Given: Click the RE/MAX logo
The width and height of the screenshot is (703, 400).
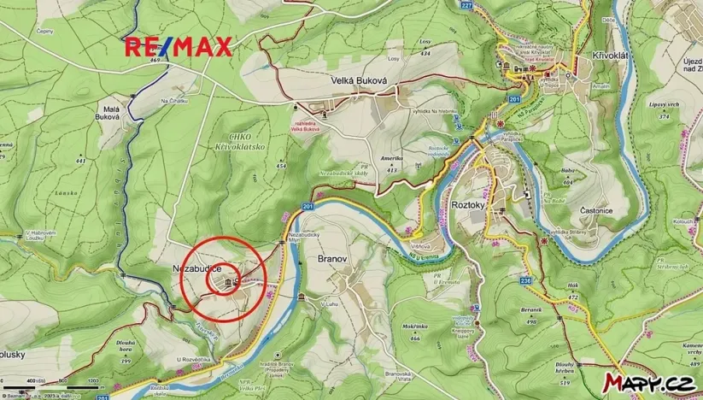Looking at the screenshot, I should [179, 47].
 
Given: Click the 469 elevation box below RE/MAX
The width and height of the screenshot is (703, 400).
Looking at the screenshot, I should [155, 61].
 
